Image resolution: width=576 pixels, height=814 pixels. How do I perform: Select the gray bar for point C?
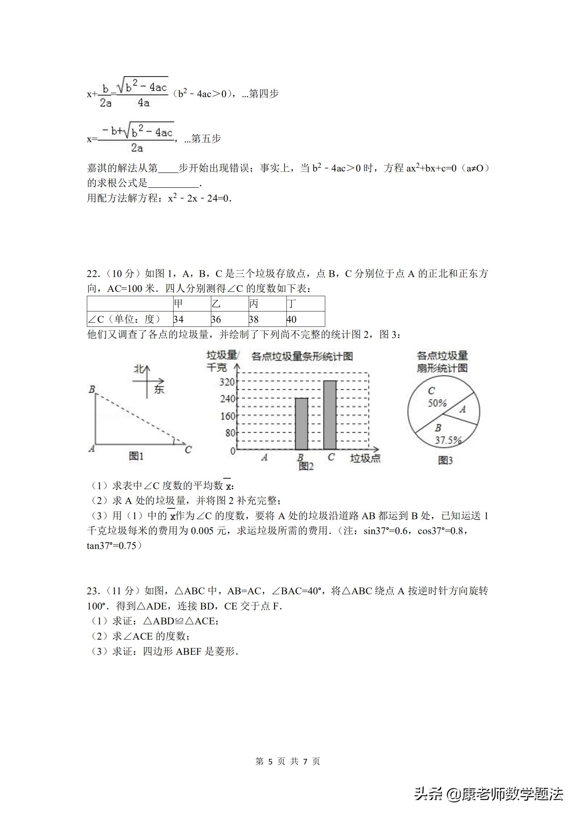(x=330, y=415)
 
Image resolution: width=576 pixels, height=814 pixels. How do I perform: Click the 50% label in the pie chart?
(x=437, y=403)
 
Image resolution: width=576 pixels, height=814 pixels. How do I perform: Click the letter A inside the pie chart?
(x=462, y=409)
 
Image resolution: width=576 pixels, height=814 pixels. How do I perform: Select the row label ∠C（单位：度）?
(x=124, y=319)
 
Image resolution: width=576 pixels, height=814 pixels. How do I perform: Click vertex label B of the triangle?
(x=92, y=389)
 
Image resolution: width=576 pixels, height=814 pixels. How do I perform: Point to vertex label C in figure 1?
(x=188, y=450)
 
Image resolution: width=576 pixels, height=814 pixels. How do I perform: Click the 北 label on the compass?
(x=139, y=369)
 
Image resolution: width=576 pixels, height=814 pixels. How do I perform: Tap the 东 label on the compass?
(x=159, y=389)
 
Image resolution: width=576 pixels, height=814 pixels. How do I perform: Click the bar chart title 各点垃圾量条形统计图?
(x=302, y=356)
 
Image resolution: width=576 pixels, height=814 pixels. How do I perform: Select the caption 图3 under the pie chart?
(x=445, y=460)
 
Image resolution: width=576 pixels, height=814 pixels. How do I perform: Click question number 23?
(x=93, y=591)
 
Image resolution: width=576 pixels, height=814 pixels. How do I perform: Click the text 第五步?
(x=206, y=139)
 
